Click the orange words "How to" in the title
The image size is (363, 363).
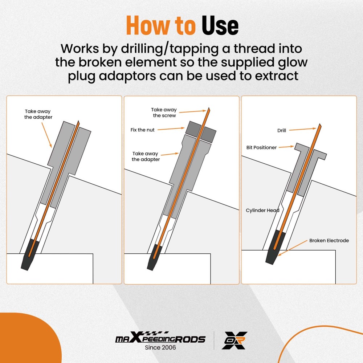(162, 26)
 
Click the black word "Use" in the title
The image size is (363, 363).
(220, 26)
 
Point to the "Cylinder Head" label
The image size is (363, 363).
(262, 211)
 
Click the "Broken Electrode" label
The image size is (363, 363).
(329, 240)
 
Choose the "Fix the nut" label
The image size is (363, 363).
(142, 130)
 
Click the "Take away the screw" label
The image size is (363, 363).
(164, 113)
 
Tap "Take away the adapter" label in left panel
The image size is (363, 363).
(38, 114)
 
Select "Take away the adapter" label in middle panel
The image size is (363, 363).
(146, 156)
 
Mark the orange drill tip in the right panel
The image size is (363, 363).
(319, 126)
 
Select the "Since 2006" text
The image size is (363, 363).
(160, 348)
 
